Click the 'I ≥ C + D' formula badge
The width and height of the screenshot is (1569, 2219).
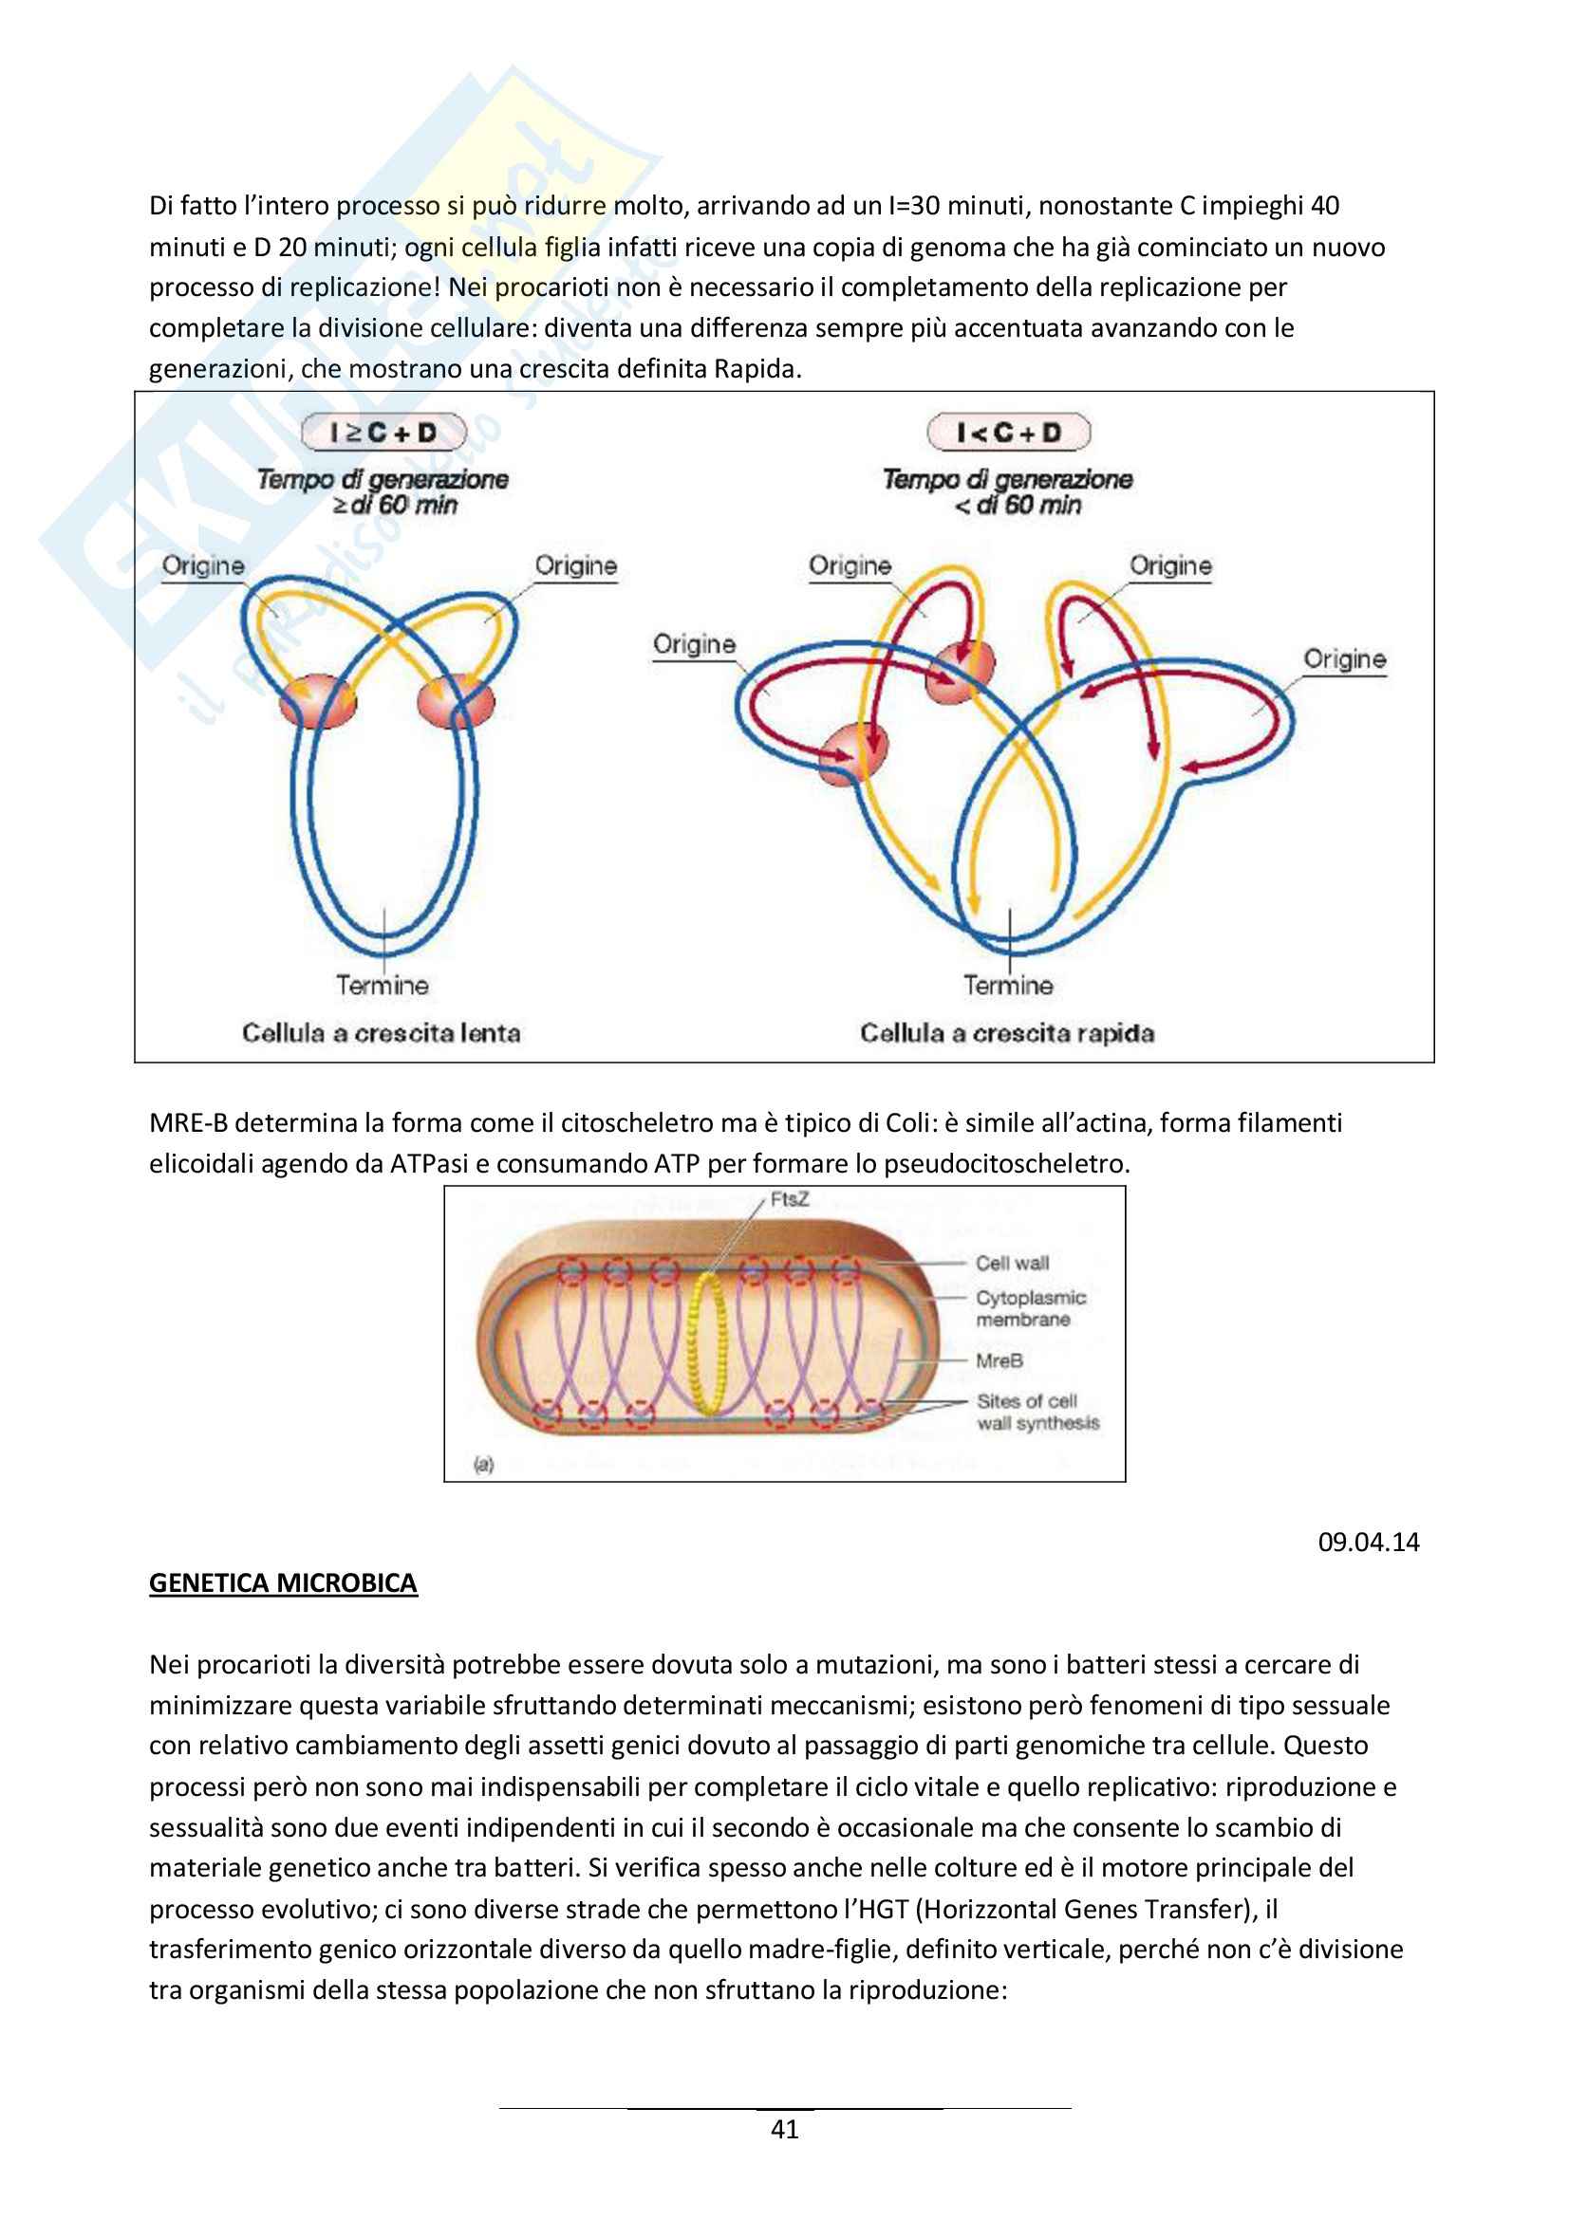click(383, 432)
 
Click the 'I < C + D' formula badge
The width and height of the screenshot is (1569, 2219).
click(1008, 432)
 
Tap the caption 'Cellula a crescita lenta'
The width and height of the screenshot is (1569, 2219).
click(381, 1033)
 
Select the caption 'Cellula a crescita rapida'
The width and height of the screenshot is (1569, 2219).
click(1006, 1033)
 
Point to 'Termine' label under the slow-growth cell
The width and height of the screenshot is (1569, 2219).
click(382, 986)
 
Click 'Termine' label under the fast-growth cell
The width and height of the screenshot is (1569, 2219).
click(1007, 986)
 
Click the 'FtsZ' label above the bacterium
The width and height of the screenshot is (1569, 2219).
click(789, 1199)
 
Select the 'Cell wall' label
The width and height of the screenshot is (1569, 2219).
click(1011, 1263)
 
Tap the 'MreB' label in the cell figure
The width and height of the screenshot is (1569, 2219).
click(999, 1360)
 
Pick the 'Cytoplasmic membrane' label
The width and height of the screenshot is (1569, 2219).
click(1030, 1308)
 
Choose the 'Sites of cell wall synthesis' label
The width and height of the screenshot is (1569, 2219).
click(1037, 1412)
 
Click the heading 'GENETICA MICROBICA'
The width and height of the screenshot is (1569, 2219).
click(283, 1583)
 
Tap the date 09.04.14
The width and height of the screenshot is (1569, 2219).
click(1368, 1542)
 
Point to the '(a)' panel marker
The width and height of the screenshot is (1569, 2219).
click(483, 1465)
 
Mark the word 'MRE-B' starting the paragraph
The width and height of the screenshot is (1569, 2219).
click(188, 1123)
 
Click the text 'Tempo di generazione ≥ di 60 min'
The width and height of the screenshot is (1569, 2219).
click(383, 492)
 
